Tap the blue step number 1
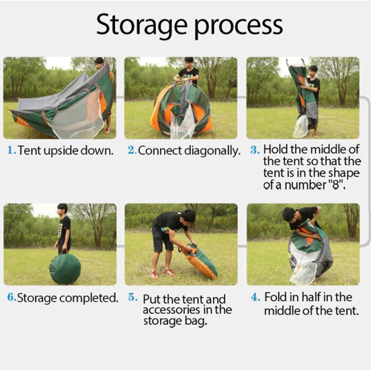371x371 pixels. point(11,151)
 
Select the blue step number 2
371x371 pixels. point(132,151)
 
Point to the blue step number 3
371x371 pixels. point(255,150)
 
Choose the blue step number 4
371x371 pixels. point(255,297)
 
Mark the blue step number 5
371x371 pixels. point(132,297)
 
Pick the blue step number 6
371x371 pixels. point(12,297)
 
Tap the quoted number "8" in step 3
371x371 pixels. point(337,185)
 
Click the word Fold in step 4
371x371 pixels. point(275,297)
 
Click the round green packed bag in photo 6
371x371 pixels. point(65,268)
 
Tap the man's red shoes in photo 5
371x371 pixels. point(163,274)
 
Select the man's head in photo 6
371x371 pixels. point(63,208)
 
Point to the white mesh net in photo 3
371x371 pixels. point(300,126)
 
